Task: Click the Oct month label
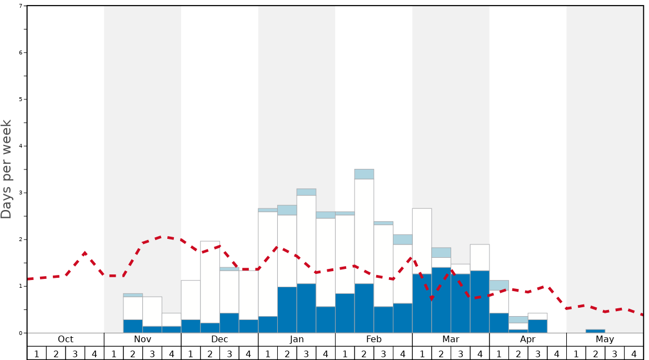66,339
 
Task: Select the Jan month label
297,339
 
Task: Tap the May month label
605,339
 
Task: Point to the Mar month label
451,339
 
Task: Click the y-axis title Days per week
7,169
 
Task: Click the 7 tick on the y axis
21,6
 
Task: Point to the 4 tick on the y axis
21,146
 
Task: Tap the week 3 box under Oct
75,353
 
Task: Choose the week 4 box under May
633,353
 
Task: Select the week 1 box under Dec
191,353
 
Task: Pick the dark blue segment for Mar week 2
441,300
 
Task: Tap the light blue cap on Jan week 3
306,192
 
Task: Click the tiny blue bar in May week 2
595,331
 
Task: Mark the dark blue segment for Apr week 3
537,326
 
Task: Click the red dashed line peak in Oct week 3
84,253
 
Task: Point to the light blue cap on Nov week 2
133,295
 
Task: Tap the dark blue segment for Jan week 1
268,324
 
